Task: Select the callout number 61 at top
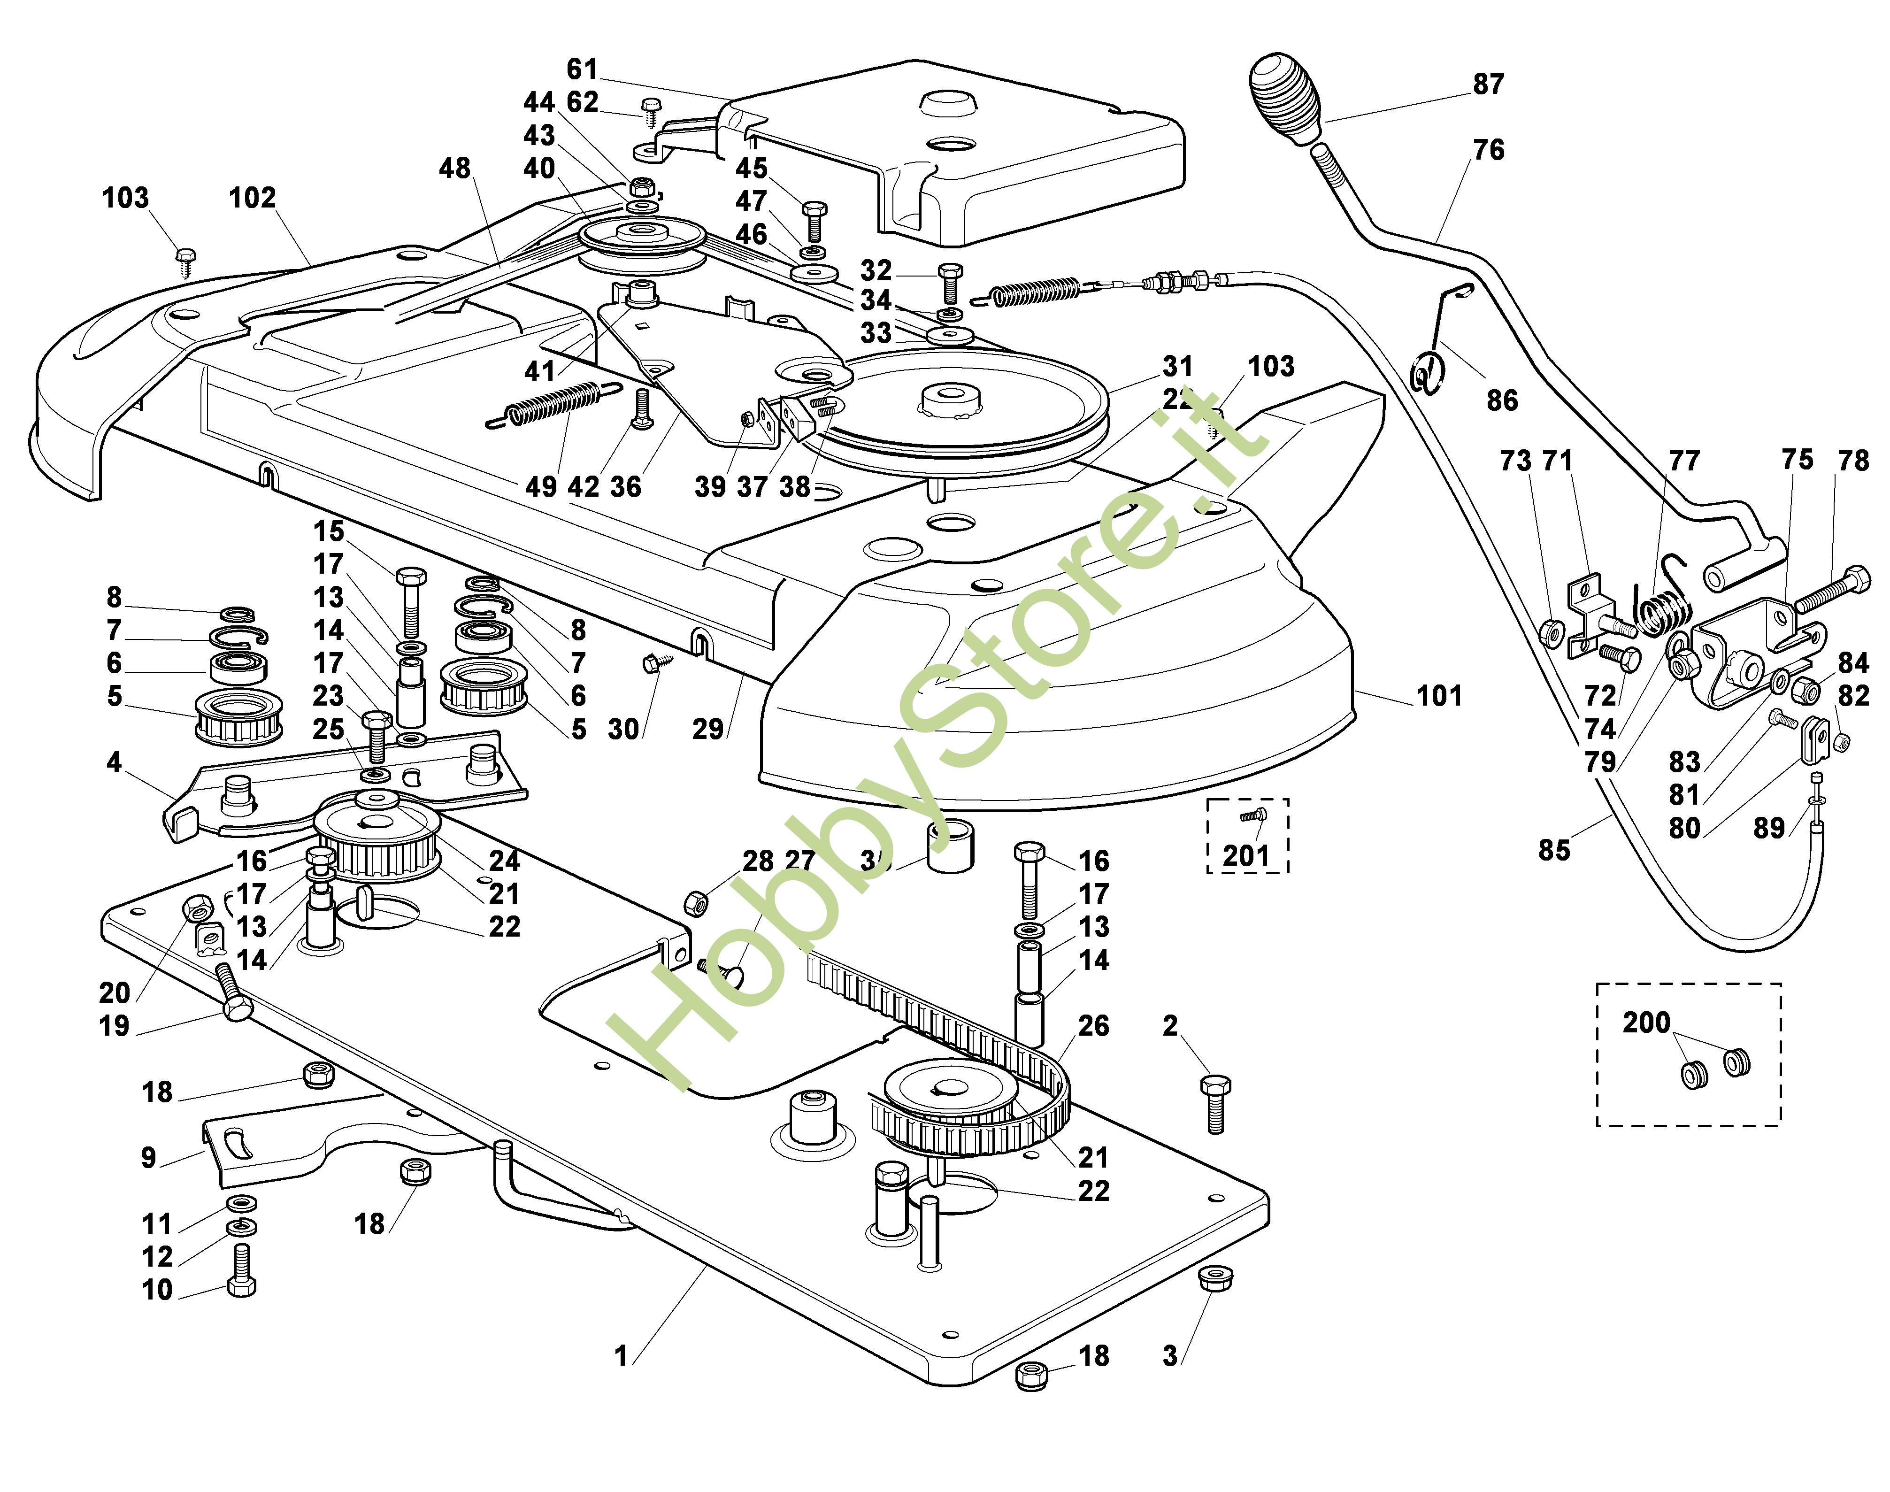[x=583, y=69]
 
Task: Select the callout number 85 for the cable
[x=1554, y=850]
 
